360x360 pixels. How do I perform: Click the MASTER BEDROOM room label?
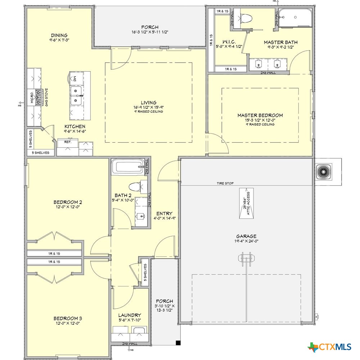(260, 115)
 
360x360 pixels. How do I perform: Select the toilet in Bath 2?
(135, 187)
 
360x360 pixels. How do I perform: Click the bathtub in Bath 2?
(126, 167)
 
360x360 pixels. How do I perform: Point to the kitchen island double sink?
(76, 95)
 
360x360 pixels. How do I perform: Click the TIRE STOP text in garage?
(225, 183)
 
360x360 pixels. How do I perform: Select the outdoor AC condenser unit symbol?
(323, 172)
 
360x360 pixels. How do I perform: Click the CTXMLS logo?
(329, 347)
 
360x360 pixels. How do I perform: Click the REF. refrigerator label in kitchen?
(67, 142)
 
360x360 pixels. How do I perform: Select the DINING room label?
(59, 35)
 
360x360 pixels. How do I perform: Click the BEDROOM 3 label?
(68, 318)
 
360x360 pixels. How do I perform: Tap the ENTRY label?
(164, 213)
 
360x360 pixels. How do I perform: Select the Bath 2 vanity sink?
(140, 216)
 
